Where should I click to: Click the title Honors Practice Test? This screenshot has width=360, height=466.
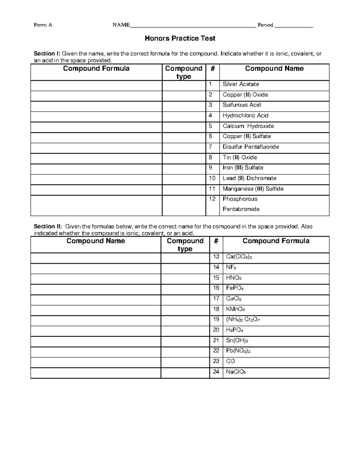[180, 38]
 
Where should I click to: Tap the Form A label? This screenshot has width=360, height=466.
[43, 25]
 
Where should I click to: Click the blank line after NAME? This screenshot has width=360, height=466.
[193, 26]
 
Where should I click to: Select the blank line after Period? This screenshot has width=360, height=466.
[293, 26]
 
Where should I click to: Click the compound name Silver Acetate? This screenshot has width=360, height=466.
[241, 84]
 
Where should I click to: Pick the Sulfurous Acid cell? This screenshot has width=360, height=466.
[241, 105]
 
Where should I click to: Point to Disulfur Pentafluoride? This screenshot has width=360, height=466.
[250, 147]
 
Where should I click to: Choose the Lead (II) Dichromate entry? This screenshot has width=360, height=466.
[249, 178]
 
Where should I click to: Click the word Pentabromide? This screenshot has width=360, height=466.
[241, 209]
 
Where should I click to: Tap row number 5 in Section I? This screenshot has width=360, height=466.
[211, 126]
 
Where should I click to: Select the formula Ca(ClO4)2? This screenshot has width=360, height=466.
[239, 257]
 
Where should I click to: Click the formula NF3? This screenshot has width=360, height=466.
[231, 267]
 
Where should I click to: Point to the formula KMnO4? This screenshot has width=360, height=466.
[235, 309]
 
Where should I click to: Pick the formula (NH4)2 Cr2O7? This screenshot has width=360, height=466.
[243, 320]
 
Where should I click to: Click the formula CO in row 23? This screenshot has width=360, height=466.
[230, 361]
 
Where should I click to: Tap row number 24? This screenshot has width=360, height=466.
[216, 372]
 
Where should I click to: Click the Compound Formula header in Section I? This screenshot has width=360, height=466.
[96, 69]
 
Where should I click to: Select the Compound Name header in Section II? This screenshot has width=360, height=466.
[96, 241]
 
